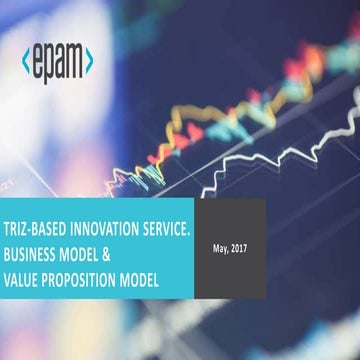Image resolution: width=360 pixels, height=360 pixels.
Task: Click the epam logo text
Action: point(57,62)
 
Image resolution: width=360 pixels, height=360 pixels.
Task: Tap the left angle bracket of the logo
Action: point(25,61)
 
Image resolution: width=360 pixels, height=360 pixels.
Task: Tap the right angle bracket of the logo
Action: point(90,61)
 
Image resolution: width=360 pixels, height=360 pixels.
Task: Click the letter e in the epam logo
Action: point(39,62)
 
